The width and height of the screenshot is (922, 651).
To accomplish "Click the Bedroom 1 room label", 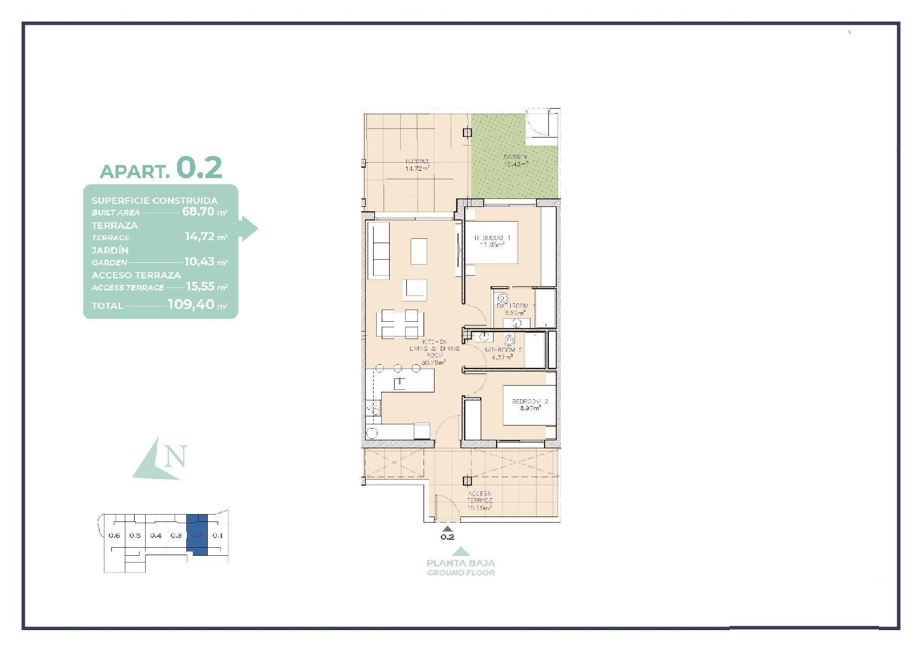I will [x=492, y=241].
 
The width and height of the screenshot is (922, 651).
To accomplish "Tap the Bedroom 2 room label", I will [x=529, y=404].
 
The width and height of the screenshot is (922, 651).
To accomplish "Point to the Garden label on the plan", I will [x=515, y=161].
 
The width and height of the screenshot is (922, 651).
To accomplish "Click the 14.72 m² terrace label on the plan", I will [x=417, y=165].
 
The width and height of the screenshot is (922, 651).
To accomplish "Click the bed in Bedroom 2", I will [x=529, y=405].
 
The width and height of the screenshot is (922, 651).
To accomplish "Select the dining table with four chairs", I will [x=399, y=324].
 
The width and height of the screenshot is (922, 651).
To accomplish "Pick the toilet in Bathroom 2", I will [x=510, y=339].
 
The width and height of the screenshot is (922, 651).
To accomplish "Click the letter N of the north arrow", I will [x=175, y=457].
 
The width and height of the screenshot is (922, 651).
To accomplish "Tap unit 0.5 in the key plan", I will [x=135, y=536].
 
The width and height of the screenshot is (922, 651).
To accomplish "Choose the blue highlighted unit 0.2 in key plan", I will [x=197, y=535].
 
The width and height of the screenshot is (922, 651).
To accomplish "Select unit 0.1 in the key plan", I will [x=218, y=536].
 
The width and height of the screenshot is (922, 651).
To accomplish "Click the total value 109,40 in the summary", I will [x=191, y=305].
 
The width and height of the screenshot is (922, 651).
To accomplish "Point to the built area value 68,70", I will [x=198, y=211].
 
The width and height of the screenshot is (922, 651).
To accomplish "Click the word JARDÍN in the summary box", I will [x=110, y=251].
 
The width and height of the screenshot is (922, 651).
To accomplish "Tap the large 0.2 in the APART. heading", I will [x=199, y=168].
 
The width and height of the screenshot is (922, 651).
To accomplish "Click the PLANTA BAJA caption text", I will [x=460, y=563].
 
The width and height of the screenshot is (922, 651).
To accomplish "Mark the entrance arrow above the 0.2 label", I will [x=447, y=528].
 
